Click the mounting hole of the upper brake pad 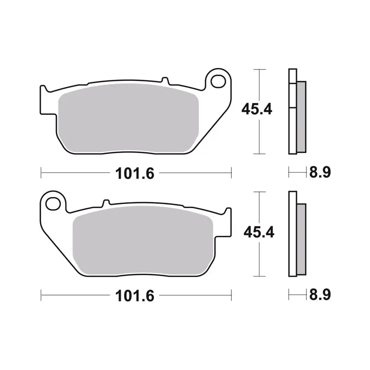click(218, 81)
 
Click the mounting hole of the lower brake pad click(53, 203)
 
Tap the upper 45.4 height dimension click(257, 109)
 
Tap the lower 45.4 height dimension click(259, 232)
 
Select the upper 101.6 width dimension click(135, 173)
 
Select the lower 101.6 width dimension click(135, 296)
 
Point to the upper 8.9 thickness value click(320, 172)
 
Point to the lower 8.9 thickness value click(320, 295)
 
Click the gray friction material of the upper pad click(129, 118)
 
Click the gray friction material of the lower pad click(143, 240)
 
